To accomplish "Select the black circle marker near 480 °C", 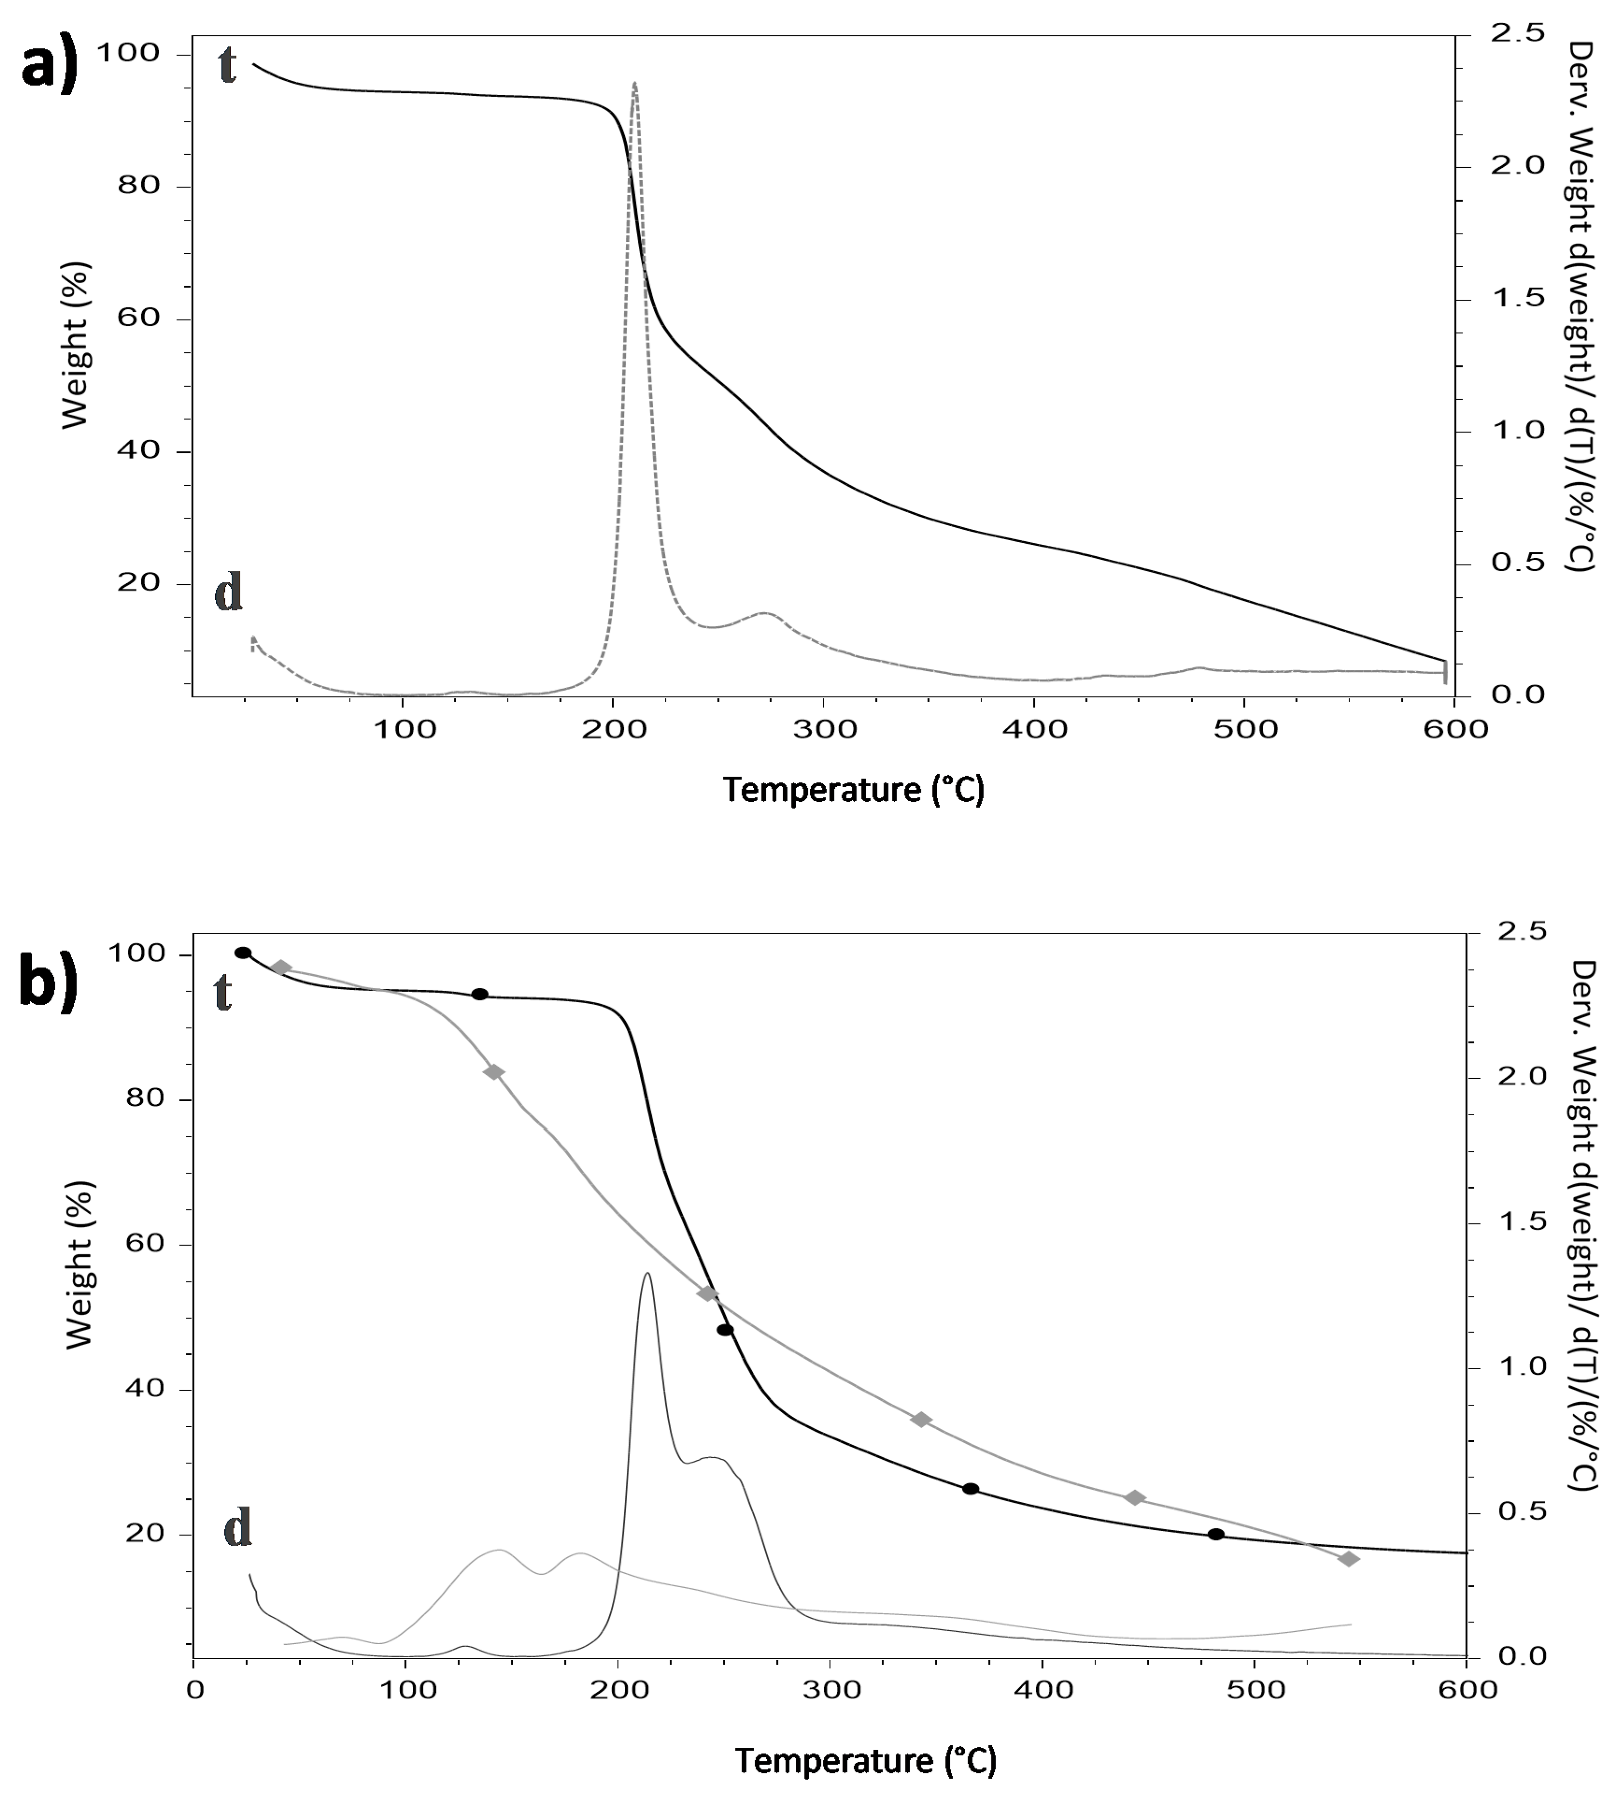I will click(1216, 1534).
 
